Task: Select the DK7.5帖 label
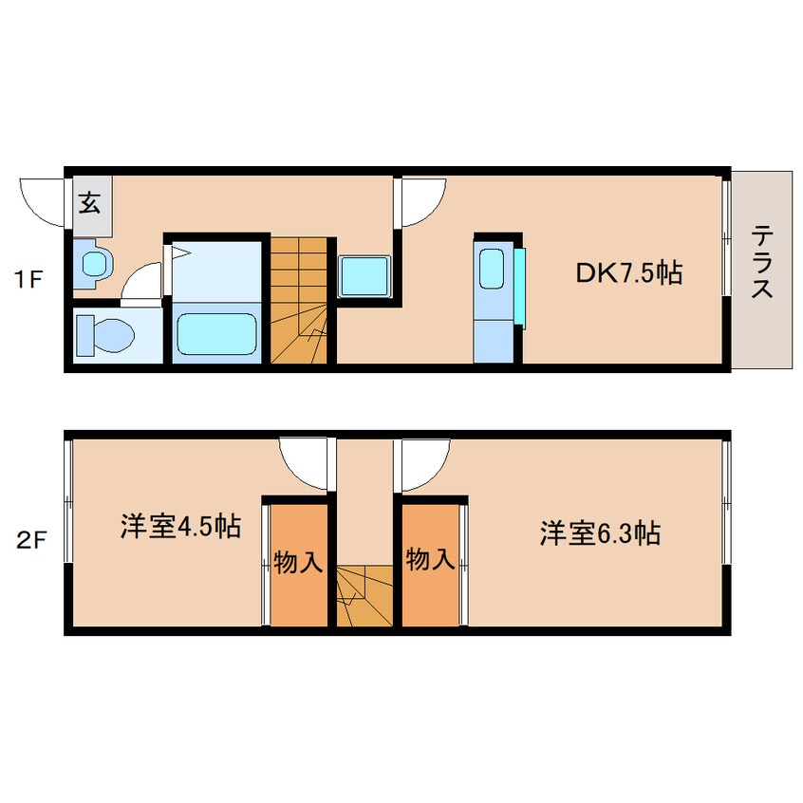point(628,273)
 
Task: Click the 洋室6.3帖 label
point(600,532)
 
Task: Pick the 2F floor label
point(29,541)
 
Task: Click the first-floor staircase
point(300,301)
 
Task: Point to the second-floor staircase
point(365,594)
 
